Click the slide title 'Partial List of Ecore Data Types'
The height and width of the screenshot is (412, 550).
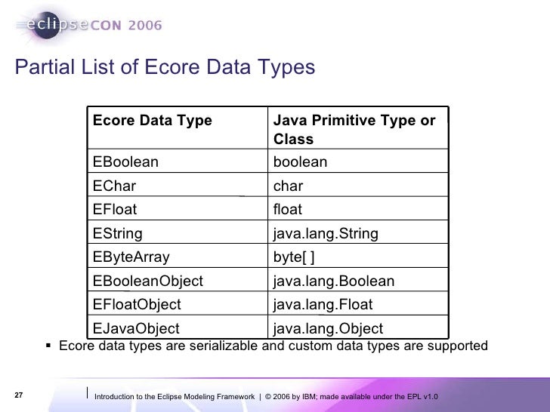pyautogui.click(x=164, y=68)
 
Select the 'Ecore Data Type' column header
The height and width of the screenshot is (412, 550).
pyautogui.click(x=152, y=121)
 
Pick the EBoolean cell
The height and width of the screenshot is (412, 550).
pyautogui.click(x=125, y=162)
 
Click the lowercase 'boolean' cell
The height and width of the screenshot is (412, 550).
pyautogui.click(x=300, y=162)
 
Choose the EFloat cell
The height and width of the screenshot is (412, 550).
pyautogui.click(x=115, y=210)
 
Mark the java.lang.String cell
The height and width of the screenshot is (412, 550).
pyautogui.click(x=325, y=234)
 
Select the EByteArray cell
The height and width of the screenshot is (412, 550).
pyautogui.click(x=131, y=257)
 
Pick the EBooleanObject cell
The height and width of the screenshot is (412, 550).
pyautogui.click(x=147, y=281)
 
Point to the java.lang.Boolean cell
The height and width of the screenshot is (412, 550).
pyautogui.click(x=333, y=281)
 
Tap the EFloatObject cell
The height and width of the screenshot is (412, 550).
pyautogui.click(x=137, y=305)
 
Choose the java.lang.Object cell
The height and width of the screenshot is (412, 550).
pyautogui.click(x=328, y=328)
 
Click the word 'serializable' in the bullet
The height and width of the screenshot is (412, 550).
pyautogui.click(x=224, y=346)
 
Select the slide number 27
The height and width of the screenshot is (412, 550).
pyautogui.click(x=20, y=396)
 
